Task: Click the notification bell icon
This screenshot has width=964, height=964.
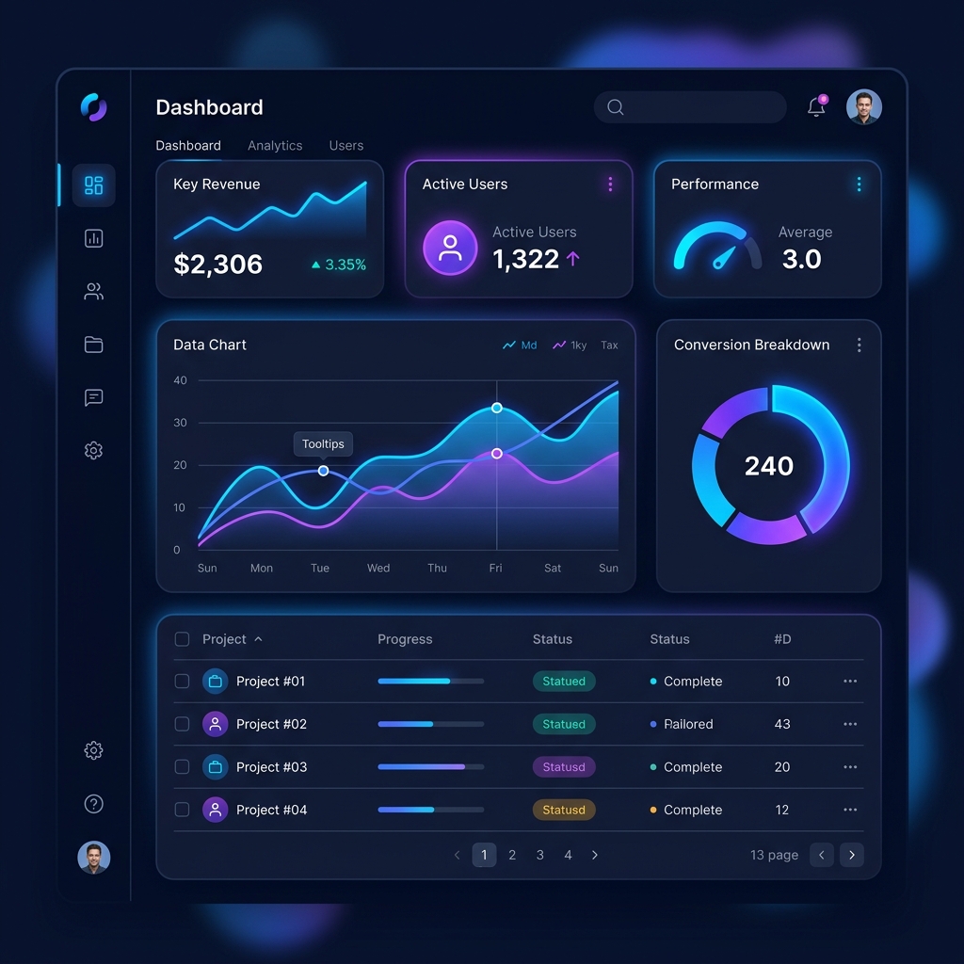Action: pos(816,107)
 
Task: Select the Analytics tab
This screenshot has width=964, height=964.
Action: pos(275,146)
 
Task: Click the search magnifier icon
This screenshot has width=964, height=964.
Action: pos(616,107)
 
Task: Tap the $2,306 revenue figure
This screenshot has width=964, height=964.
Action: pos(218,265)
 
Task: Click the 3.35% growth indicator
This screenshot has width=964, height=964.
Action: pos(339,265)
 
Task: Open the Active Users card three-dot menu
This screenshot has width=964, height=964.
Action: pos(610,185)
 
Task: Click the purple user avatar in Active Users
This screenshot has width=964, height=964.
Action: pos(450,248)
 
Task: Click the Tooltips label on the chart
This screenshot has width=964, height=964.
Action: pos(323,444)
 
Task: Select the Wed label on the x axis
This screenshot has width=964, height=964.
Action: pos(378,569)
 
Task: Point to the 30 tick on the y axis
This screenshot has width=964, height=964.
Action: pos(181,423)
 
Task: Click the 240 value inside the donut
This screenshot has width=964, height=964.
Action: pos(769,466)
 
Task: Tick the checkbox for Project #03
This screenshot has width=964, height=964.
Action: pos(183,767)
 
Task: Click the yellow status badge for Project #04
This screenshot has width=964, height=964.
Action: pos(563,810)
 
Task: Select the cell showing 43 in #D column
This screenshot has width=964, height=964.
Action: pos(782,724)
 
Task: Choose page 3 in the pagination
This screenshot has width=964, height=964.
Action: pos(540,855)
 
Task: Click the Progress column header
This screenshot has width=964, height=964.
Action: pos(405,639)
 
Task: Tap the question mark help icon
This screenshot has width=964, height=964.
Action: pos(93,804)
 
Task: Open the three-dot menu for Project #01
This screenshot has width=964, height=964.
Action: pos(850,682)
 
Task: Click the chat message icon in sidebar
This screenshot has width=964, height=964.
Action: pos(93,397)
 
